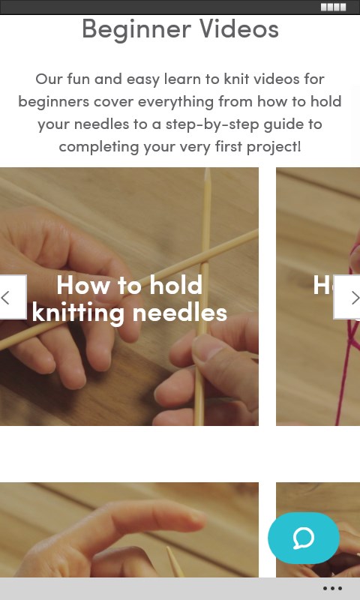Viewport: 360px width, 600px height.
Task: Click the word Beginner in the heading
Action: (x=136, y=29)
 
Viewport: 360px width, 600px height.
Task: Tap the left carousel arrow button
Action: (x=13, y=297)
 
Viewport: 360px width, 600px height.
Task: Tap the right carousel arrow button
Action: (x=347, y=297)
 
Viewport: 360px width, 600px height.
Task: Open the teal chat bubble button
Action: (x=304, y=538)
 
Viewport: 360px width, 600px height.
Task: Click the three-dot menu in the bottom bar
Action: (x=332, y=589)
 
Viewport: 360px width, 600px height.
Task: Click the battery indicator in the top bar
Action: (x=333, y=7)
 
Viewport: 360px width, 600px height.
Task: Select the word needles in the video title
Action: (x=179, y=313)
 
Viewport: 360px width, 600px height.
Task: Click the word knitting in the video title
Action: (x=79, y=313)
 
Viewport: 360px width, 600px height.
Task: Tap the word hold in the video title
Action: (x=175, y=285)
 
